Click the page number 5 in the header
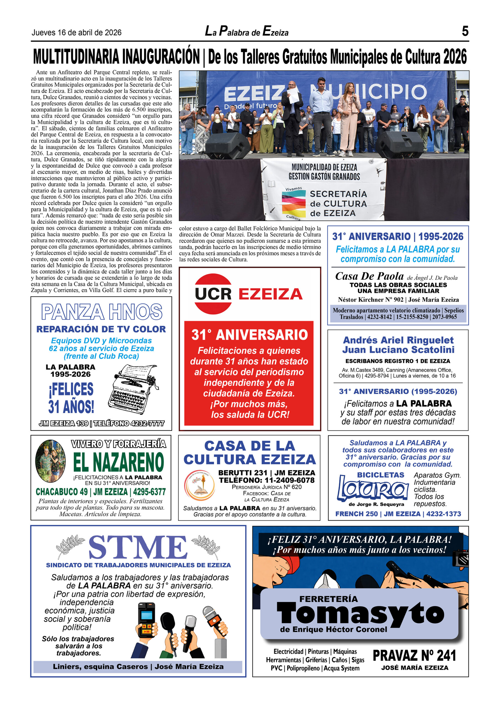(465, 31)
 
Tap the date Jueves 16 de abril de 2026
(76, 33)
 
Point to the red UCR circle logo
(213, 294)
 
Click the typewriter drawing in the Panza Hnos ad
(133, 390)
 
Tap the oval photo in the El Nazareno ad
(50, 461)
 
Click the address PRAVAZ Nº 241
(414, 655)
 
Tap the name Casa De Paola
(369, 276)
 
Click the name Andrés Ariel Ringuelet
(398, 340)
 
